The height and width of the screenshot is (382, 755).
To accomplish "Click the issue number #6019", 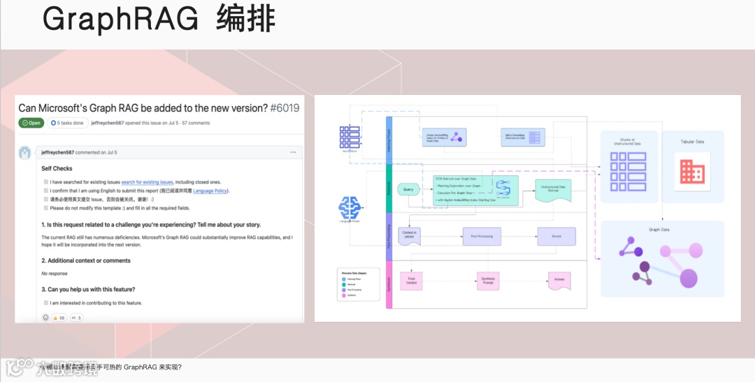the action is coord(284,108).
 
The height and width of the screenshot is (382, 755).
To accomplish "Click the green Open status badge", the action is coord(31,123).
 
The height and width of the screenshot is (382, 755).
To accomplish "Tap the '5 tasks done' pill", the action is coord(67,123).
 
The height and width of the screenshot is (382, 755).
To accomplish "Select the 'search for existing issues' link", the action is coord(147,182).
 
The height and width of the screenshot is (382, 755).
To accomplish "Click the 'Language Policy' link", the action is coord(210,191).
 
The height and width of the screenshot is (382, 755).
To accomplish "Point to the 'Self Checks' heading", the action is coord(57,168).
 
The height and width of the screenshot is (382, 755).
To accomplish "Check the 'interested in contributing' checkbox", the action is coord(45,303).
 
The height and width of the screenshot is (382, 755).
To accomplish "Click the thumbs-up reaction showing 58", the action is coord(58,318).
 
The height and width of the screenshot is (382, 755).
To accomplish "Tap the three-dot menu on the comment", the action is coord(293,152).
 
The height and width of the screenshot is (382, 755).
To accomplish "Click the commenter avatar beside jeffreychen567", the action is coord(25,153).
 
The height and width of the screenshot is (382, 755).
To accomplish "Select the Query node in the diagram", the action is coord(408,189).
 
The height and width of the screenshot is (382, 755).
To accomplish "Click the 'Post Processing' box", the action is coord(482,236).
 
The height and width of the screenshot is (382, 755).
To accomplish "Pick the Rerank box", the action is coord(556,236).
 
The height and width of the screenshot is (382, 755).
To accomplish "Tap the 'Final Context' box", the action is coord(412,280).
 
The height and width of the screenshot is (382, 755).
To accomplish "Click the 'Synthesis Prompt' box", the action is coord(489,281).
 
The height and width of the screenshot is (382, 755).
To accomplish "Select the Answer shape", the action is coord(559,280).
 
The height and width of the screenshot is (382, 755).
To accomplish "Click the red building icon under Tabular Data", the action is coord(692,172).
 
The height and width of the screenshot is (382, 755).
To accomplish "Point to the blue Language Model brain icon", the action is coord(350,207).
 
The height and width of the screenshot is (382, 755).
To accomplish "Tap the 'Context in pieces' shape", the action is coord(410,236).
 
